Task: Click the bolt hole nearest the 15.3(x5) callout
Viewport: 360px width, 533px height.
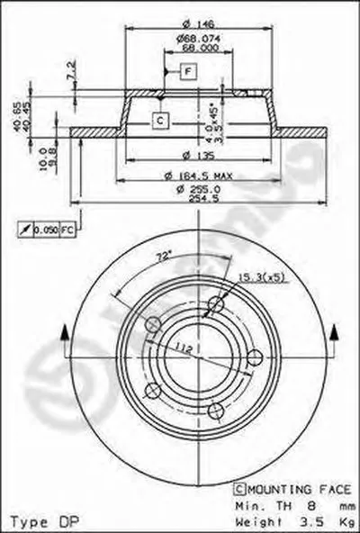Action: [x=214, y=307]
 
